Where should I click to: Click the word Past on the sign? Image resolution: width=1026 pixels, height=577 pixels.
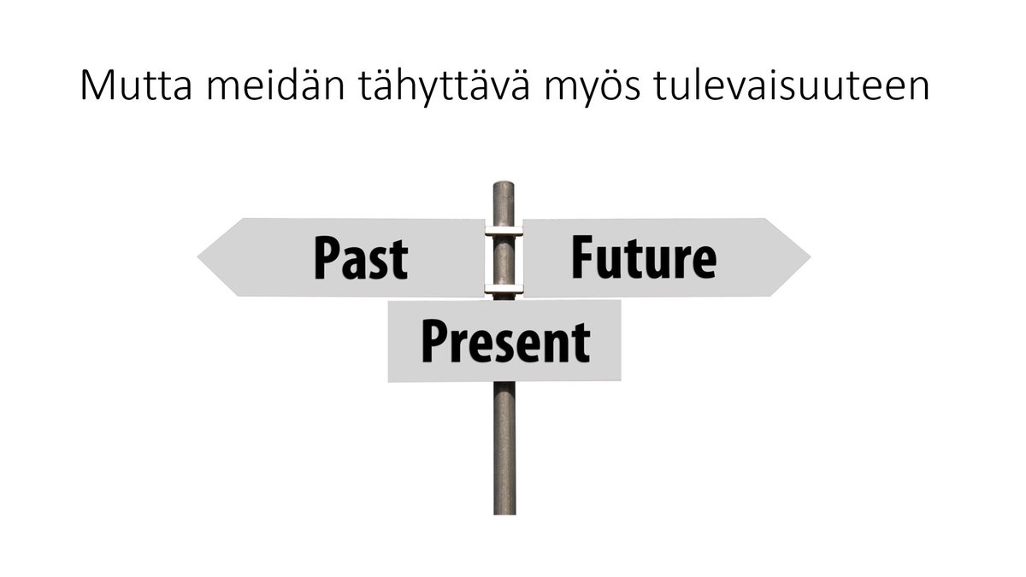360,258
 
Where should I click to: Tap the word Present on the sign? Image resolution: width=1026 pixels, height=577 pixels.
504,341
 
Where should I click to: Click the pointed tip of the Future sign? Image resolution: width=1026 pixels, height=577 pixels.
807,256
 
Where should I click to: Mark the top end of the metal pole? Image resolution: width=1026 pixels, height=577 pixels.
504,185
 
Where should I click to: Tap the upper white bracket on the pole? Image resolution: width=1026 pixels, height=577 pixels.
504,230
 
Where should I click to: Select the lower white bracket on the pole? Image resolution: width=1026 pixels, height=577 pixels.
504,289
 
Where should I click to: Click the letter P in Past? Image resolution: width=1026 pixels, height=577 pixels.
326,258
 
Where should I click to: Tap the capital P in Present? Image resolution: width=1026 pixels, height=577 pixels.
433,341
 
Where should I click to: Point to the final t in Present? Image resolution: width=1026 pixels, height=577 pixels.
581,343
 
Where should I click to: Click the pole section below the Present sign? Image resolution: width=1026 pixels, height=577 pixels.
504,445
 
